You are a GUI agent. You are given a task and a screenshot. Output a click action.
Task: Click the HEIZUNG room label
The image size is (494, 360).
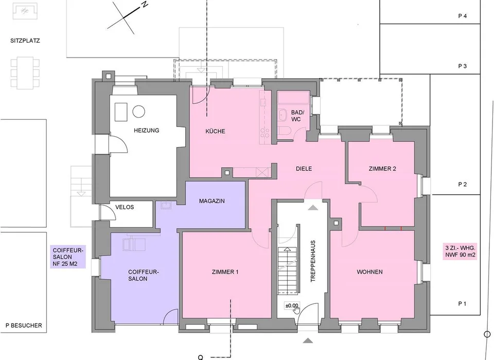[x=146, y=131]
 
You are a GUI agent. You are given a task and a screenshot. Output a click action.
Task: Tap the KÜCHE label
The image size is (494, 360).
[x=215, y=131]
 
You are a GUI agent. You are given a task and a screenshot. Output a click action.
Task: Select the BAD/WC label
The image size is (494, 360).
[x=296, y=116]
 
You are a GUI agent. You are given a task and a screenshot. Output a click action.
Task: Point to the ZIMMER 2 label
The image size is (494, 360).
[x=382, y=169]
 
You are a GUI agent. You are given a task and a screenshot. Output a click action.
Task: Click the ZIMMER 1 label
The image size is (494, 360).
[x=225, y=272]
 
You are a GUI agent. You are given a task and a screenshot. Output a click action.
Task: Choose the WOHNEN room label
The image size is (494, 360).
[x=369, y=272]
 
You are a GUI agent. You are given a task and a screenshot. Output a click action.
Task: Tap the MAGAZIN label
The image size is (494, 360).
[x=211, y=201]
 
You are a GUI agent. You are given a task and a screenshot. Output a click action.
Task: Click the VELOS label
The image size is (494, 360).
[x=125, y=207]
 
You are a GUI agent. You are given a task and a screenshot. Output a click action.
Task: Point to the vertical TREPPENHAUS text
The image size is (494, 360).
[x=313, y=261]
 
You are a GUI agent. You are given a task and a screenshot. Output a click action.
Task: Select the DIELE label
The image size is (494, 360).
[x=304, y=169]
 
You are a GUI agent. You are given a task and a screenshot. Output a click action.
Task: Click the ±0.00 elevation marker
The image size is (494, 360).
[x=291, y=305]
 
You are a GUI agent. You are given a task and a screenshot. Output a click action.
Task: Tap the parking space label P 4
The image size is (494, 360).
[x=462, y=16]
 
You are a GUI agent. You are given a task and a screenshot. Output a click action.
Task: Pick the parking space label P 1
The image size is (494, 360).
[x=462, y=303]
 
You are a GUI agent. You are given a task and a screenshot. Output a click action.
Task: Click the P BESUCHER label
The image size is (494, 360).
[x=24, y=326]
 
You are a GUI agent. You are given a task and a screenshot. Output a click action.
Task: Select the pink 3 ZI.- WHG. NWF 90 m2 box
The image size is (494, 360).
[x=460, y=251]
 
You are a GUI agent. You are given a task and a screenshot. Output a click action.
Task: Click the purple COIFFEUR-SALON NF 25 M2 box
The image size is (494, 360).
[x=68, y=257]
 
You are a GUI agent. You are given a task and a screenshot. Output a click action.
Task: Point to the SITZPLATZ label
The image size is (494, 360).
[x=25, y=41]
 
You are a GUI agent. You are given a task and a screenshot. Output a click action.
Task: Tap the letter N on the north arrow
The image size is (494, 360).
[x=145, y=4]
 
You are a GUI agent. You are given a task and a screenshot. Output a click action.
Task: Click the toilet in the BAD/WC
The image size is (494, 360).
[x=284, y=131]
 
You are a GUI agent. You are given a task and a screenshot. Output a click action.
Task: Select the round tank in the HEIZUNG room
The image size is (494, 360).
[x=138, y=112]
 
